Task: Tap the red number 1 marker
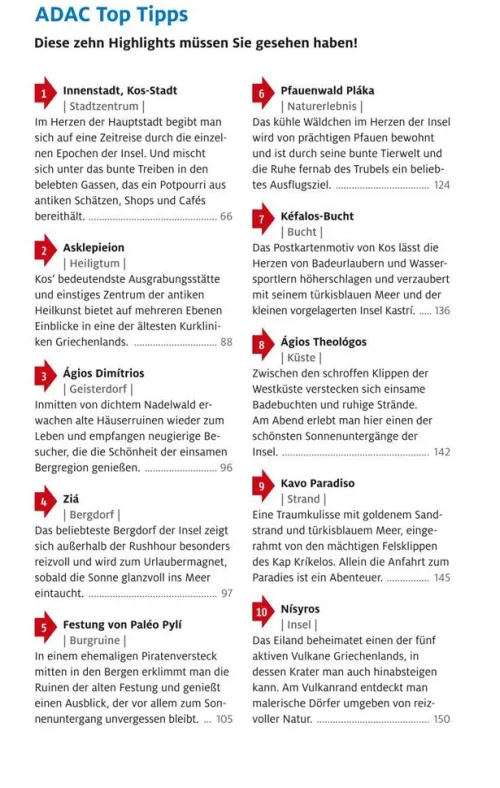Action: (44, 94)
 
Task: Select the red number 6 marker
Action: (261, 94)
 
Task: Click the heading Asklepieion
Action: (94, 247)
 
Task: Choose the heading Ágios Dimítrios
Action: (104, 373)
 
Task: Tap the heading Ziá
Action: (71, 498)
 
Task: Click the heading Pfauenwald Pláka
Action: (327, 90)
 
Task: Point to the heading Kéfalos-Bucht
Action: (317, 216)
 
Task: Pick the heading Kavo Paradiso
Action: (318, 483)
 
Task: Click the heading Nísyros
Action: (300, 608)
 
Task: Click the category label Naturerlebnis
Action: (321, 106)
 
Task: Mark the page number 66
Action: (226, 216)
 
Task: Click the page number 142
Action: (442, 452)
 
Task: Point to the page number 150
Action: (442, 719)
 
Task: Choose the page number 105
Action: (224, 719)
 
